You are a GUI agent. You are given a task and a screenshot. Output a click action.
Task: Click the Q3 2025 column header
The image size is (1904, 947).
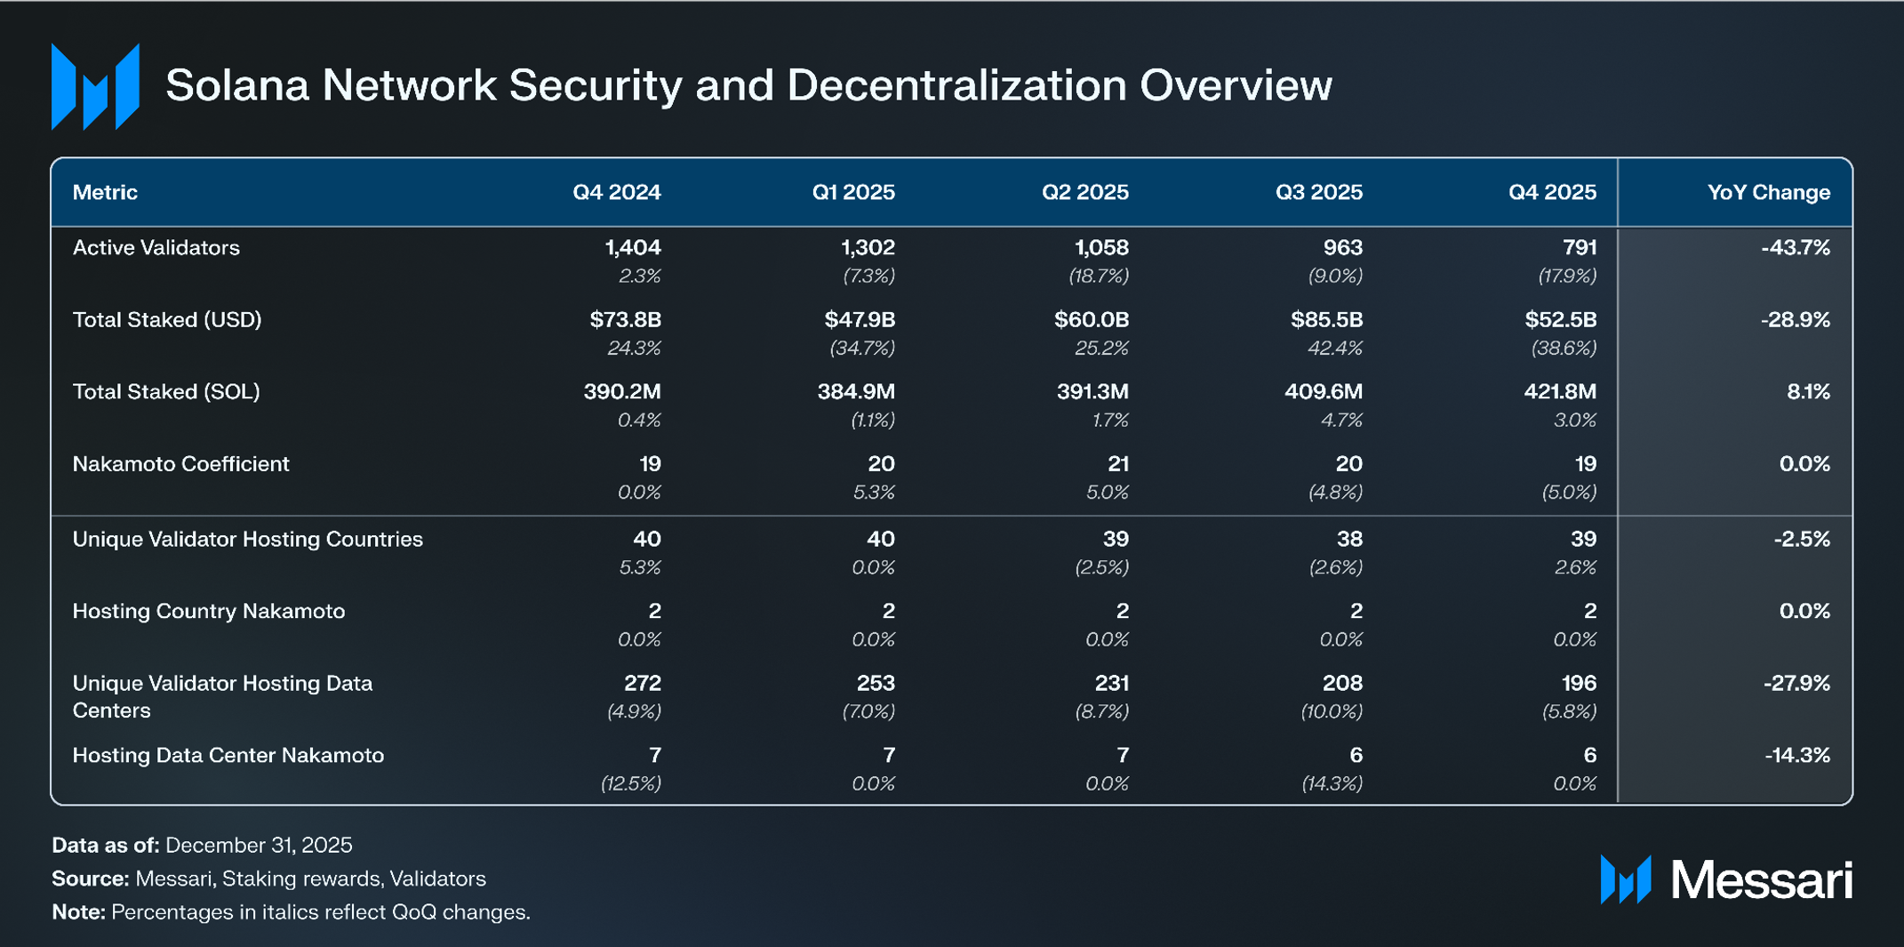coord(1318,192)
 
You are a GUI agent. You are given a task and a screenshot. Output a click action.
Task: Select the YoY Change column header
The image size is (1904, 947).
coord(1768,192)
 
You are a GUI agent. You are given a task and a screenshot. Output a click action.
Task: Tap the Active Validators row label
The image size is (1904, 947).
coord(156,247)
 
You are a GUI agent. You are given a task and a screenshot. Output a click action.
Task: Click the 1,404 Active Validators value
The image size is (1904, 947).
coord(632,247)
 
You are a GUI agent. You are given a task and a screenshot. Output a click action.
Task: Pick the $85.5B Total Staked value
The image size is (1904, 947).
coord(1326,319)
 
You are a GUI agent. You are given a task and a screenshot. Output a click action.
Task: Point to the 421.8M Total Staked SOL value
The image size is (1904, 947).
coord(1559,391)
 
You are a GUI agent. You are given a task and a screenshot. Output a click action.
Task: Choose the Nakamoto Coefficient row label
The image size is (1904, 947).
coord(180,463)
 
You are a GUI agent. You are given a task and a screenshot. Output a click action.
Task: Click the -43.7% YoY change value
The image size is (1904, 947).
coord(1795,247)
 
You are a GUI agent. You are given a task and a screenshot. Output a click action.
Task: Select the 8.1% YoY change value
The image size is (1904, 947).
coord(1808,391)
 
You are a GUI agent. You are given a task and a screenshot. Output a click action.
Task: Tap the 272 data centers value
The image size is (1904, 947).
coord(642,683)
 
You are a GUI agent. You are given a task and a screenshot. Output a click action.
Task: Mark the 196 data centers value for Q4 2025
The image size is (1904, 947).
coord(1579,683)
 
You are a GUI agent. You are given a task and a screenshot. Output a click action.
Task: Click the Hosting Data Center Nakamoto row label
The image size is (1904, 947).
coord(228,755)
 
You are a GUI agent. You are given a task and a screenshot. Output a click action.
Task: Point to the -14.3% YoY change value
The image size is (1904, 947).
coord(1796,755)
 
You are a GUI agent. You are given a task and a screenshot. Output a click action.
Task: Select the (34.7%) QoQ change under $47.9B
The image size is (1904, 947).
coord(861,348)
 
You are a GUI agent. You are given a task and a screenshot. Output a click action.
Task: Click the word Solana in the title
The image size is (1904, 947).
coord(236,85)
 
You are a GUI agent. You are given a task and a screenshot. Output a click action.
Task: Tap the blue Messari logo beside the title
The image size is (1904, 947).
coord(95,86)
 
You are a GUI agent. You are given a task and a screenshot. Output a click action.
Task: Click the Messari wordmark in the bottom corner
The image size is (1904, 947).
coord(1761,879)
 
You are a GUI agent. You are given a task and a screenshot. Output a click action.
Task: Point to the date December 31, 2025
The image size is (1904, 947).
coord(259,845)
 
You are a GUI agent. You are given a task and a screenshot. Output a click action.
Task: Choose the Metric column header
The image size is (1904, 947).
coord(105,192)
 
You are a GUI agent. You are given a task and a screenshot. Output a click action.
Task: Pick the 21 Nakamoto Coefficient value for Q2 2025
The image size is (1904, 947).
coord(1117,463)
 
